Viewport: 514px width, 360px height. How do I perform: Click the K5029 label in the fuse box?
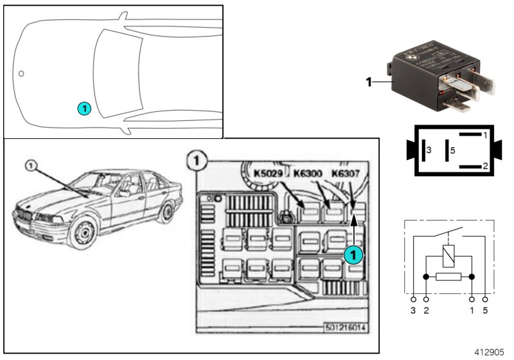[269, 173]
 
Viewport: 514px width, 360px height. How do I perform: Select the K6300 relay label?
[309, 173]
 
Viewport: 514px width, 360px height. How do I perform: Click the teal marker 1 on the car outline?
[84, 109]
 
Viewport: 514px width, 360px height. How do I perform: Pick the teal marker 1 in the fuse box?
[353, 255]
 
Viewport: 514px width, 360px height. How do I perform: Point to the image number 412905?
[490, 353]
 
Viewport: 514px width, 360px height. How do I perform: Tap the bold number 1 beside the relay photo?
[368, 82]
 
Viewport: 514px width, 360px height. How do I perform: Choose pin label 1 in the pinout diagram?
[485, 136]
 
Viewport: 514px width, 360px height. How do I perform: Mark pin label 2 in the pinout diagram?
[485, 166]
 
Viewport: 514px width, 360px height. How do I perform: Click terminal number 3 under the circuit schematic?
[413, 311]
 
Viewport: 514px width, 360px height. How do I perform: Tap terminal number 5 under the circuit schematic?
[485, 311]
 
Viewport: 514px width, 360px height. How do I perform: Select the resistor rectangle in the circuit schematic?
[448, 278]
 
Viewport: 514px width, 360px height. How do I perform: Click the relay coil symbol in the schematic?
[448, 256]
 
